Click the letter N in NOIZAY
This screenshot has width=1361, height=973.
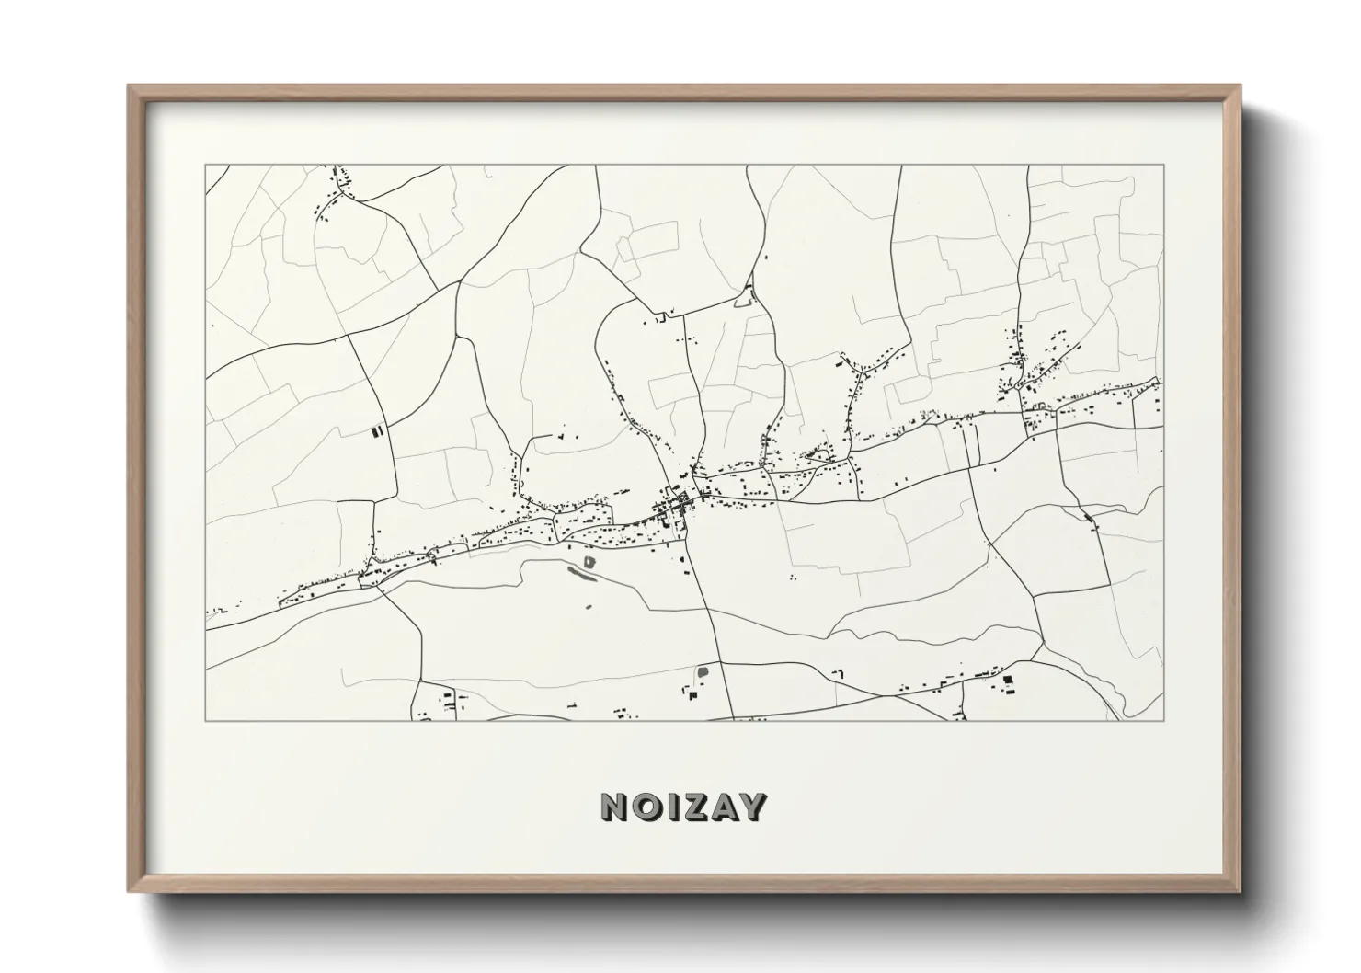coord(615,807)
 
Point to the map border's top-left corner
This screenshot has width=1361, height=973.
coord(205,166)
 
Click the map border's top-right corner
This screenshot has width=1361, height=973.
coord(1163,166)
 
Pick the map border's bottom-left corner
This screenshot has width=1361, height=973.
coord(205,720)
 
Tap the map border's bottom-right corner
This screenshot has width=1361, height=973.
coord(1163,720)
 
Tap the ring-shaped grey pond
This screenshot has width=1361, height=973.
coord(589,559)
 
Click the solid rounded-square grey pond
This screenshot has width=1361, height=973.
coord(703,672)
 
